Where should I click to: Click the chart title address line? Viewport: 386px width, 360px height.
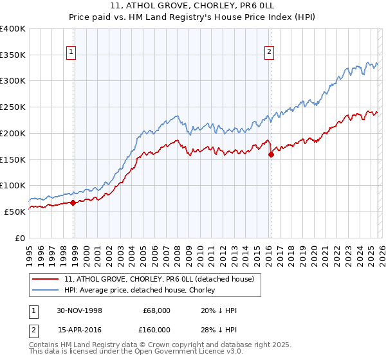[x=193, y=6]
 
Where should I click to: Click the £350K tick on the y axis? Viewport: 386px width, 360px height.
[x=13, y=55]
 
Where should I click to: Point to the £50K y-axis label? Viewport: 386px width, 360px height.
[x=15, y=211]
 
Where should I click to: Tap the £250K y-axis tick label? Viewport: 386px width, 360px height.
[x=13, y=107]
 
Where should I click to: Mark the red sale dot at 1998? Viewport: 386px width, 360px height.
[x=73, y=203]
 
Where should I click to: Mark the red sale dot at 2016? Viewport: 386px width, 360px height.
[x=271, y=154]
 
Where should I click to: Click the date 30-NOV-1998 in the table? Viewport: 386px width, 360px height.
[x=80, y=310]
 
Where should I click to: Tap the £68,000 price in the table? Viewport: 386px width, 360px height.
[x=156, y=310]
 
